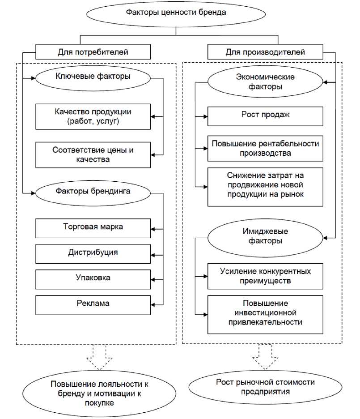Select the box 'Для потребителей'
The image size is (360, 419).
pyautogui.click(x=93, y=52)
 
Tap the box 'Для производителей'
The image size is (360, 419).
pyautogui.click(x=265, y=52)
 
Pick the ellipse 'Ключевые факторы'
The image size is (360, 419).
pyautogui.click(x=93, y=77)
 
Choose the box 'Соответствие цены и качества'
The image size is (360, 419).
pyautogui.click(x=93, y=155)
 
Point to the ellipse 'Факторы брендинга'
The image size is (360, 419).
pyautogui.click(x=93, y=192)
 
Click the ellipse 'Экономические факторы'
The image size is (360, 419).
pyautogui.click(x=265, y=82)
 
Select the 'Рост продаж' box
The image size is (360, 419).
pyautogui.click(x=265, y=116)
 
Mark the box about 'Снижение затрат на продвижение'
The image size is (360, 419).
pyautogui.click(x=265, y=187)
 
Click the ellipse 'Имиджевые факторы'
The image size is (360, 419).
pyautogui.click(x=265, y=237)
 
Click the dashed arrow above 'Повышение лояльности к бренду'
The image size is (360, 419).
pyautogui.click(x=100, y=356)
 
